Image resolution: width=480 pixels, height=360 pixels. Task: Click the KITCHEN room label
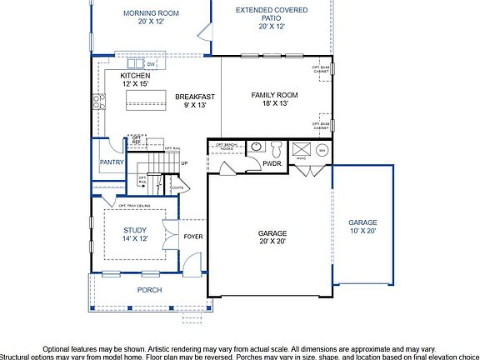coord(112,76)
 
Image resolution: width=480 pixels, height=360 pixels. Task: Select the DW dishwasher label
coord(151,64)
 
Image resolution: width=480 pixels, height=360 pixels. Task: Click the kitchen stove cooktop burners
coord(98,102)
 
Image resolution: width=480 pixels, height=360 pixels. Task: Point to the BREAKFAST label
coord(195,97)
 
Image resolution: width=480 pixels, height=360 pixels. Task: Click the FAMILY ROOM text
coord(274,95)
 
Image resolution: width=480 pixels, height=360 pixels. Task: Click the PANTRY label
coord(111,163)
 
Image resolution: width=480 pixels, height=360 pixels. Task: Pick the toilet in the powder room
coord(276,149)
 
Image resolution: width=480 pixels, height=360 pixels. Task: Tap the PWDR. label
coord(272,164)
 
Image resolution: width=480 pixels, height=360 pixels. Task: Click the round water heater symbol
coord(322,150)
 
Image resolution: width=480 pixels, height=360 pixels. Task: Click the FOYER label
coord(192,237)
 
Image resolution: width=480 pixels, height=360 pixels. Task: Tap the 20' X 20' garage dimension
coord(272,241)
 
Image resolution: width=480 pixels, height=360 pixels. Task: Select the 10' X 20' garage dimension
coord(362,231)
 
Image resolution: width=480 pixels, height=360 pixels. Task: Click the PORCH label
coord(150,290)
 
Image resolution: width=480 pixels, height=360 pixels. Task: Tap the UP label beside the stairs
coord(184,162)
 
